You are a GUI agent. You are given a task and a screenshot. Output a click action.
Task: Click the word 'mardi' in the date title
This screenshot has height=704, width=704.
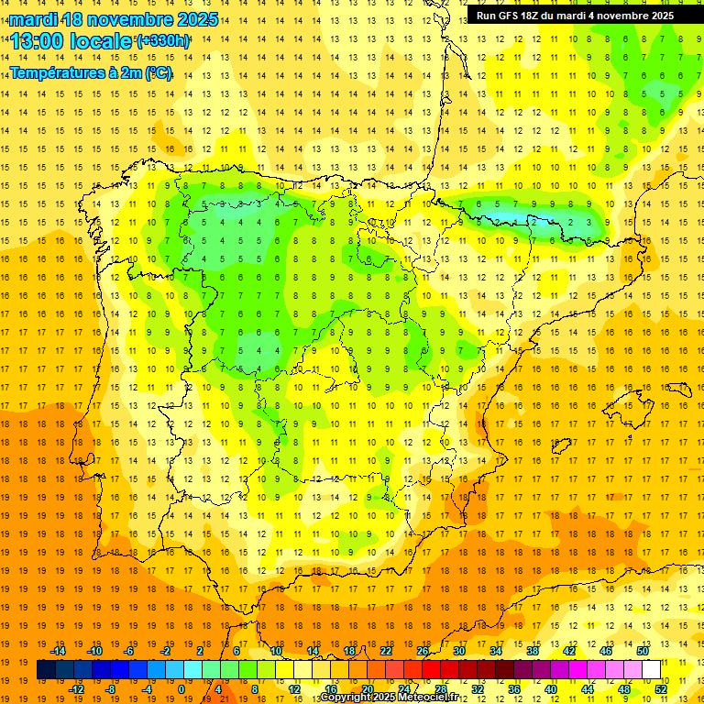(x=35, y=19)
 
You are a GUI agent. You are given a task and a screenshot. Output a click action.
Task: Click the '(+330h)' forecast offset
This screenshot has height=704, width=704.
(x=163, y=41)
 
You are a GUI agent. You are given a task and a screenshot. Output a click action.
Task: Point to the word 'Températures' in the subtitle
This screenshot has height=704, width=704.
(x=58, y=72)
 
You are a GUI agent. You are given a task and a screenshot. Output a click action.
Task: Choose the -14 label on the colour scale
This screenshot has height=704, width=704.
(x=58, y=651)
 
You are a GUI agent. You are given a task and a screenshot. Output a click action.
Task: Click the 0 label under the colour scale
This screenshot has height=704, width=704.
(x=181, y=689)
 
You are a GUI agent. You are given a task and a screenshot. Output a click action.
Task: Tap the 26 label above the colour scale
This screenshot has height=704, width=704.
(x=423, y=651)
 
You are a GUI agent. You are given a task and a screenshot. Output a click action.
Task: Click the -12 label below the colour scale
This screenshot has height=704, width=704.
(x=76, y=689)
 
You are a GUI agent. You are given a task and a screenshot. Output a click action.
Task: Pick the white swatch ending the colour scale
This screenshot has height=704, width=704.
(x=652, y=670)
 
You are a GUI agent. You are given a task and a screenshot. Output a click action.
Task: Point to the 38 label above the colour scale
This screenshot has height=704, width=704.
(x=533, y=651)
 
